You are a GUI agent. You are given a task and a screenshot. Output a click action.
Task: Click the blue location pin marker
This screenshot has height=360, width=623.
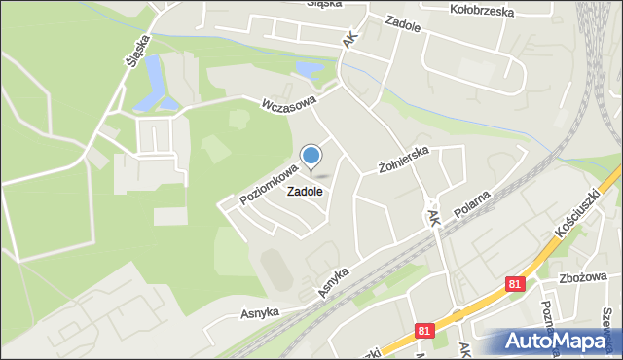coord(311,158)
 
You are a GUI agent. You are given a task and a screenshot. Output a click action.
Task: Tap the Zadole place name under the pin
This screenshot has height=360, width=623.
coord(305,192)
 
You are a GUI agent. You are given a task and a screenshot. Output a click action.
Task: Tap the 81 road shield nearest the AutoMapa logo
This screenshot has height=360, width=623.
coord(421,331)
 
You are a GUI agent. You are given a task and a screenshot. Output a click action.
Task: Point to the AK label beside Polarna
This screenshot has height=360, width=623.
coord(434,215)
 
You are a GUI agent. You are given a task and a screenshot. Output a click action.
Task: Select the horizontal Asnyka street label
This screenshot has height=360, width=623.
coord(260,312)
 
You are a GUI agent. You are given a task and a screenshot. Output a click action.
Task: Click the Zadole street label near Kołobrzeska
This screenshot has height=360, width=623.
coord(402,26)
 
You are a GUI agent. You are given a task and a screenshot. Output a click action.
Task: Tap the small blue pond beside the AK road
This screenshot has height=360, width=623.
coord(308,70)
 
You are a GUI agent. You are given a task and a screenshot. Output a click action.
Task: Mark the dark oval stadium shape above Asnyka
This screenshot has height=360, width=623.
coord(275,270)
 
